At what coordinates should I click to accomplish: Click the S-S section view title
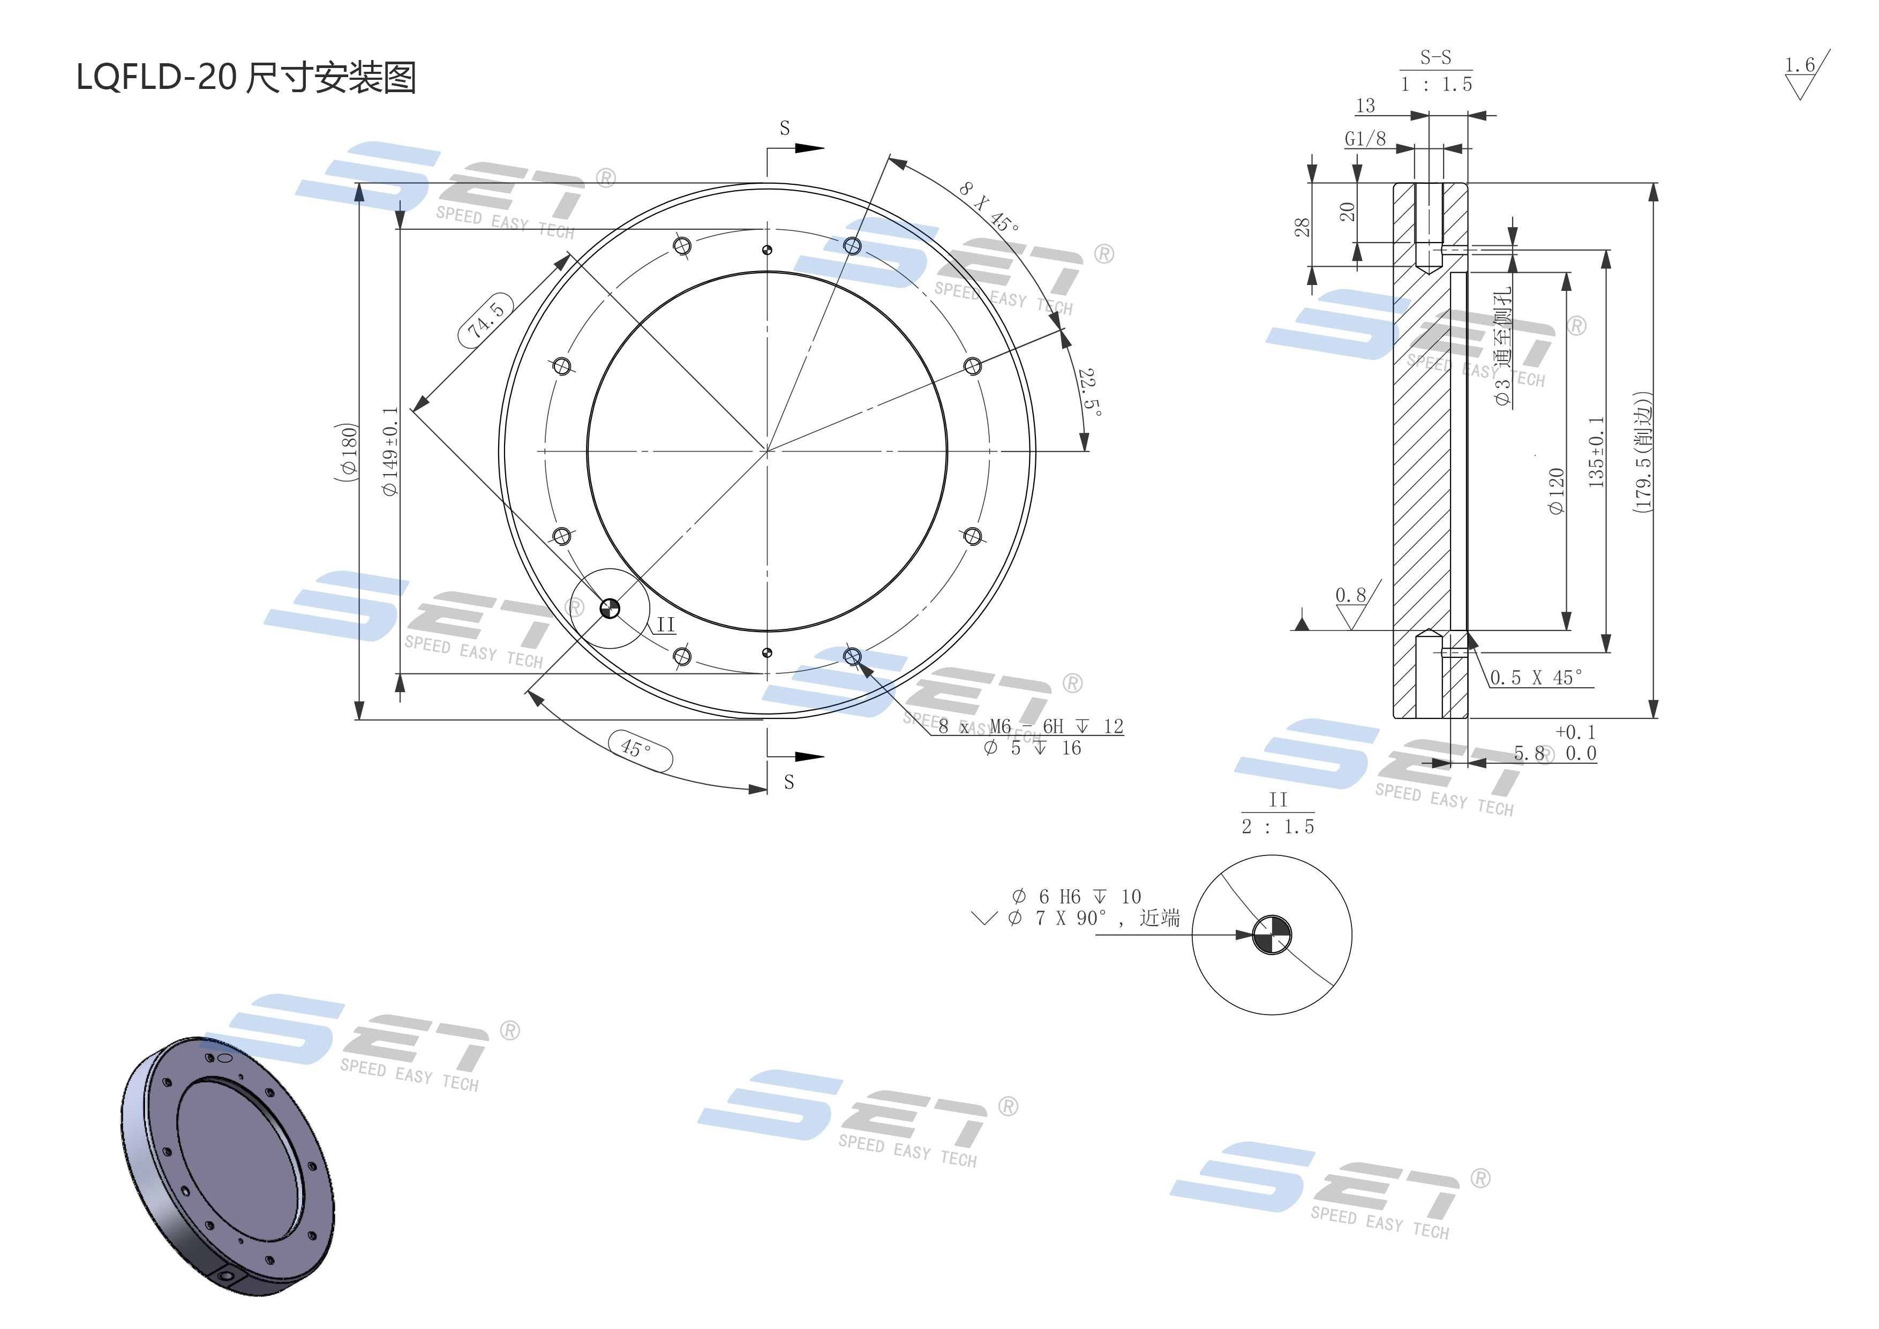coord(1435,57)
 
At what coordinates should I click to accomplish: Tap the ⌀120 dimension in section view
coord(1555,491)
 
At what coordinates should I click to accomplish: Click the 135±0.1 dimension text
coord(1596,453)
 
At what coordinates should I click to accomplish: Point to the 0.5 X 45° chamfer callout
coord(1536,678)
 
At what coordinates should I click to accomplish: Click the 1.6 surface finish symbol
coord(1800,73)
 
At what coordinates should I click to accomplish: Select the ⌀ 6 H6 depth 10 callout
coord(1076,897)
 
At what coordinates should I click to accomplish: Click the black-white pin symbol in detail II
coord(1273,935)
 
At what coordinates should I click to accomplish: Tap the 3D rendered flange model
coord(228,1165)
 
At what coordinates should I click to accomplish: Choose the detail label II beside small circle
coord(665,625)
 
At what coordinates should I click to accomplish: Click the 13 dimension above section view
coord(1365,106)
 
